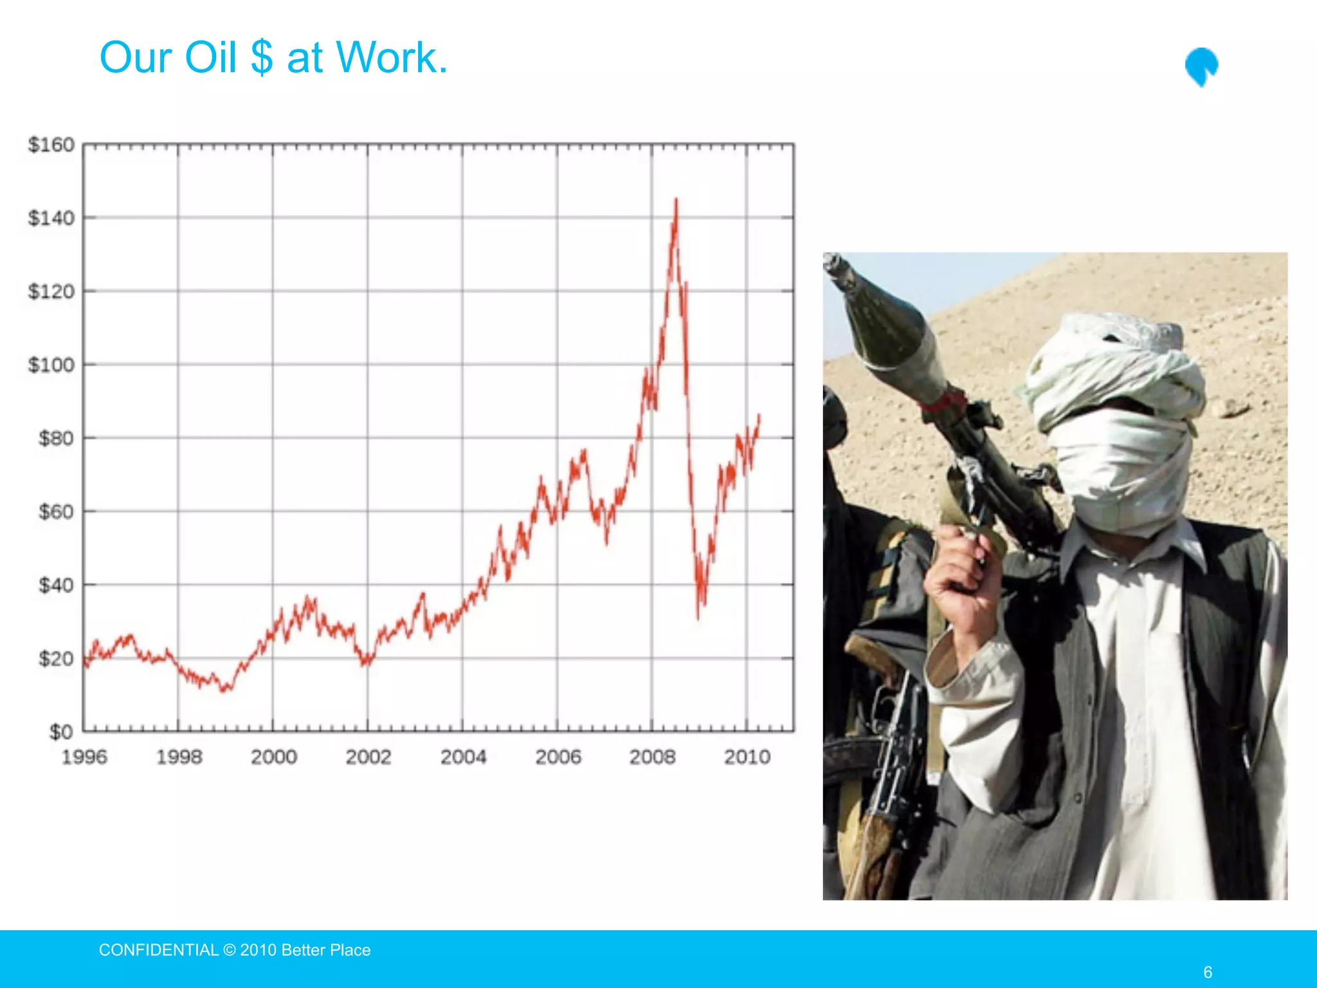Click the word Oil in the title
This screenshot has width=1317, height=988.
(210, 58)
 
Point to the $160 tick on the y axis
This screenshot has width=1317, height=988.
(51, 145)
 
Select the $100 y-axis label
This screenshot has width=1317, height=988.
(51, 365)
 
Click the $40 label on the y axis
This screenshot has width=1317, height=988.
(56, 585)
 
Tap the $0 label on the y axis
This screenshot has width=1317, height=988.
(61, 732)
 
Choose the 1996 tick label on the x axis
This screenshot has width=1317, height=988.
(84, 757)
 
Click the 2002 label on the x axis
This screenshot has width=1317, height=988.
(368, 757)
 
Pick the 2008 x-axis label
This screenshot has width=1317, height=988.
(652, 757)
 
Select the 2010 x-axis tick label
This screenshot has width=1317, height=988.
(747, 757)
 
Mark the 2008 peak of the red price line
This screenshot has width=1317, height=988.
(676, 200)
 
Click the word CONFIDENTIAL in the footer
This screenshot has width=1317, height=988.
(159, 950)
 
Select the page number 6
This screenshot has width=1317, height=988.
(1208, 972)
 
